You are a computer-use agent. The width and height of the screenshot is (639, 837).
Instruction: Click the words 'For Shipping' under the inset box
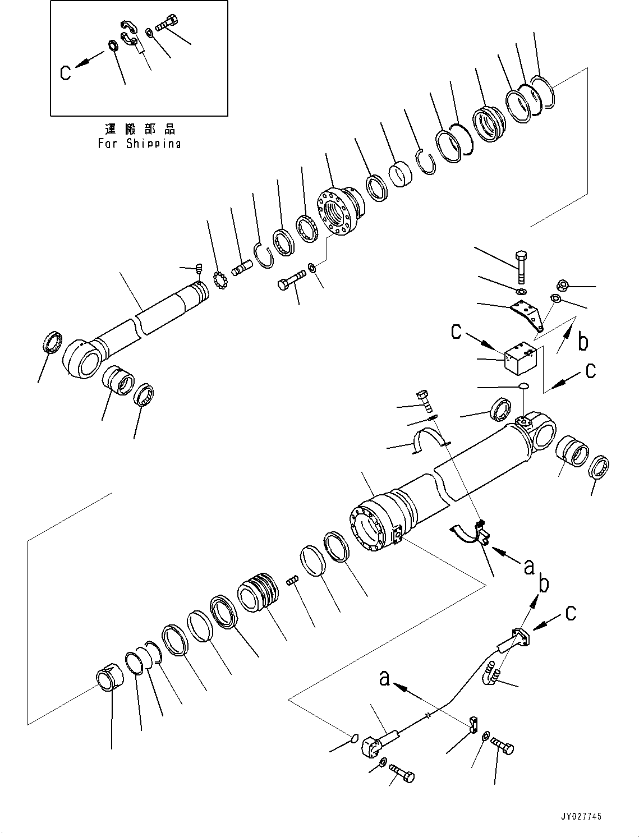tap(139, 144)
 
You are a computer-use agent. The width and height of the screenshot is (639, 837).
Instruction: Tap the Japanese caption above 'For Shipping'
tap(140, 130)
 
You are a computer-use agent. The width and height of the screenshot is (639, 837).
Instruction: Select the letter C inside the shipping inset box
tap(66, 72)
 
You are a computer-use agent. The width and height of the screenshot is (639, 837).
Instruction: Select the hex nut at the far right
tap(564, 286)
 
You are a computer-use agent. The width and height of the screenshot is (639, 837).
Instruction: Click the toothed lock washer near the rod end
tap(222, 280)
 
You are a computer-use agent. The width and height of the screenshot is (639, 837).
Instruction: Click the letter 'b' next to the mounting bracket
tap(583, 341)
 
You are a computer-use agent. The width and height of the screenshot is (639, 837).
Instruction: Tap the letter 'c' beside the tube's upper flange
tap(570, 613)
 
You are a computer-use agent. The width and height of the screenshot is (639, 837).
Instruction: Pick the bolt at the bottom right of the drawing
tap(503, 747)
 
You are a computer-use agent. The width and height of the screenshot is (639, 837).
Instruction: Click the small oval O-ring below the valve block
tap(523, 386)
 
